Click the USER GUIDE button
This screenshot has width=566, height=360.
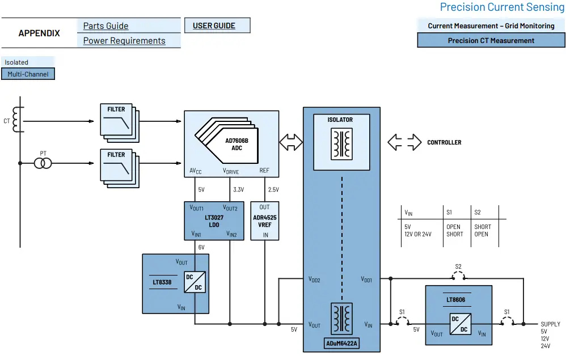coord(217,26)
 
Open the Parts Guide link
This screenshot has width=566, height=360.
coord(105,26)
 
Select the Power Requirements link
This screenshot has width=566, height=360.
coord(124,41)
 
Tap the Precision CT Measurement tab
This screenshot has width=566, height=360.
coord(491,40)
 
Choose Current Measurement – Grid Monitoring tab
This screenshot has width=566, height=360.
coord(491,26)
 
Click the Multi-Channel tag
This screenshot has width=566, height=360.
coord(28,74)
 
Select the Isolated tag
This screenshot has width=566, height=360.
coord(16,62)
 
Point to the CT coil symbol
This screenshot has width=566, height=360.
coord(16,120)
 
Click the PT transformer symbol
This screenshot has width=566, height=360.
coord(43,163)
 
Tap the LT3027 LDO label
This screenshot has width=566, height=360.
coord(214,221)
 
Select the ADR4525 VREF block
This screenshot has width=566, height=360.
coord(265,221)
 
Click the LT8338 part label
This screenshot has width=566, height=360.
coord(162,282)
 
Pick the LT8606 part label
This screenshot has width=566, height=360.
coord(455,299)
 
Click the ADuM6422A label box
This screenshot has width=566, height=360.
coord(341,343)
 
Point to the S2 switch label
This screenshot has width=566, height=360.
coord(458,266)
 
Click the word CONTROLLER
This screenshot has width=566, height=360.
coord(444,143)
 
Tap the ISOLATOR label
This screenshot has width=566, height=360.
coord(340,120)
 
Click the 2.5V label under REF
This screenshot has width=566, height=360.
coord(273,189)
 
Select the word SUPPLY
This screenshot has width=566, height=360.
coord(550,324)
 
